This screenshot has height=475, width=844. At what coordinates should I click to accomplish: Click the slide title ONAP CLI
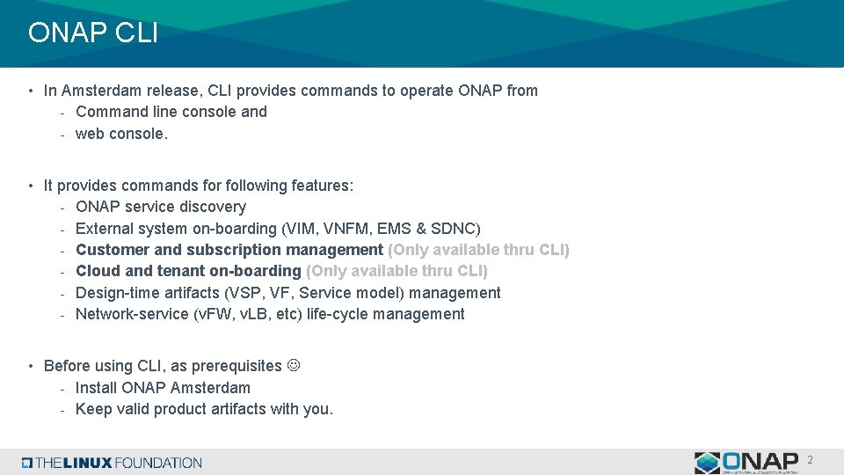(x=92, y=33)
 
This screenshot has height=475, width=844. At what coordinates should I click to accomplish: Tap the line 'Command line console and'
(x=171, y=112)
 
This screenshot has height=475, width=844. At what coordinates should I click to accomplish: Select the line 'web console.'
(x=120, y=134)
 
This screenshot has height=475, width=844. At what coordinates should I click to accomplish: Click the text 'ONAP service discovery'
(x=161, y=207)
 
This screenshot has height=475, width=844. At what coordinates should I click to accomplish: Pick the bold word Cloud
(x=97, y=271)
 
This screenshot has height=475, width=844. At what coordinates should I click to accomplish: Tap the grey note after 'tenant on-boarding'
(x=397, y=271)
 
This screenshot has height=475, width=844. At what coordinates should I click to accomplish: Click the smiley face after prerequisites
(x=294, y=365)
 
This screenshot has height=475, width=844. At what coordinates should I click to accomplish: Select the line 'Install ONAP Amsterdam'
(x=163, y=388)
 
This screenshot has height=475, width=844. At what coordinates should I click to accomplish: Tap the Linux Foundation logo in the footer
(x=112, y=463)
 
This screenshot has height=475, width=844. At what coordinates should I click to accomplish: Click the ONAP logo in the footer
(x=746, y=463)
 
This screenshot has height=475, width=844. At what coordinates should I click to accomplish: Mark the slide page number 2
(x=810, y=460)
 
